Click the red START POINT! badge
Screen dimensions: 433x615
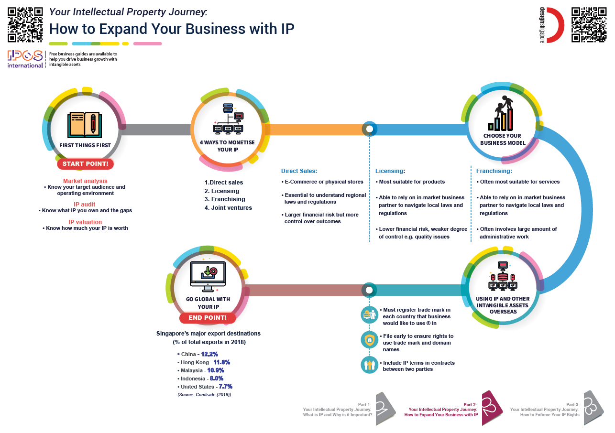click(x=86, y=164)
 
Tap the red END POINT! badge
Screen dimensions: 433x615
click(x=207, y=318)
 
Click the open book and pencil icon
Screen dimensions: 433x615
click(x=85, y=124)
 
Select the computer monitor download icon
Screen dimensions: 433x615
click(x=208, y=276)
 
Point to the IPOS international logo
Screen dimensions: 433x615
click(x=25, y=59)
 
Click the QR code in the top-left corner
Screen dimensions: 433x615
click(x=25, y=24)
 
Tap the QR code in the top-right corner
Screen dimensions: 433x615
click(x=589, y=25)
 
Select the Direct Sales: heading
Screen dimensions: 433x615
click(x=299, y=171)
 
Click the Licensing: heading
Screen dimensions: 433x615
click(x=390, y=171)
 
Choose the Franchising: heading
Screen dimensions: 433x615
click(x=494, y=171)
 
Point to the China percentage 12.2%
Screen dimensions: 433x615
click(x=209, y=354)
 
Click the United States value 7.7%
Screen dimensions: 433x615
click(x=225, y=386)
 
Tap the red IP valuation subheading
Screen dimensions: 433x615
click(x=85, y=222)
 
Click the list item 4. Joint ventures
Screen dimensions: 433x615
click(x=228, y=207)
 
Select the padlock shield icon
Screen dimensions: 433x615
click(x=369, y=340)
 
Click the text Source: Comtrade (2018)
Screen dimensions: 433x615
click(x=204, y=395)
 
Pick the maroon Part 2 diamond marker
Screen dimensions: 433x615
click(x=492, y=406)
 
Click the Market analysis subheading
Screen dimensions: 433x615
click(x=85, y=181)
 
